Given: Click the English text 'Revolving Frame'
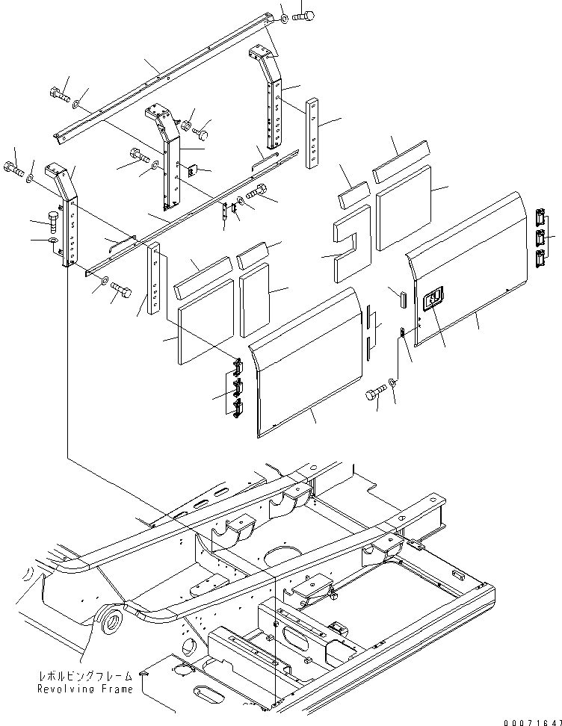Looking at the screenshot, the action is coord(85,689).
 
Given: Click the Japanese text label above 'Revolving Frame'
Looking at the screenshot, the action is coord(86,675).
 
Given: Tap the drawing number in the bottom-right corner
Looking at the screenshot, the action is coord(532,722).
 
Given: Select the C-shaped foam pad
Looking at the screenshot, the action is coord(352,243).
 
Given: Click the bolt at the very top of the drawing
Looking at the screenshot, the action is coord(303,16).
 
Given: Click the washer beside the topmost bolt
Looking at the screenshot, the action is coord(283,19).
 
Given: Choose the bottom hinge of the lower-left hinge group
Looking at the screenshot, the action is coord(238,409).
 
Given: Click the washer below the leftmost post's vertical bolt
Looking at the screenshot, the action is coord(52,241).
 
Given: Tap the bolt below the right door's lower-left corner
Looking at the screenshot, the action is coord(376,394).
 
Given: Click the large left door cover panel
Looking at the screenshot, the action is coord(306,362).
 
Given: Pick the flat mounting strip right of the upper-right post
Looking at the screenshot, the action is coord(312,133).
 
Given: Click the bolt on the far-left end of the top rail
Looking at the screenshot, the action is coord(58,94).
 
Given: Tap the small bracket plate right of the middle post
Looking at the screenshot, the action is coord(193,170).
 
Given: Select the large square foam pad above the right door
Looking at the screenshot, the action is coord(404,207).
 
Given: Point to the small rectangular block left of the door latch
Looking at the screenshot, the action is coord(402,297).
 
